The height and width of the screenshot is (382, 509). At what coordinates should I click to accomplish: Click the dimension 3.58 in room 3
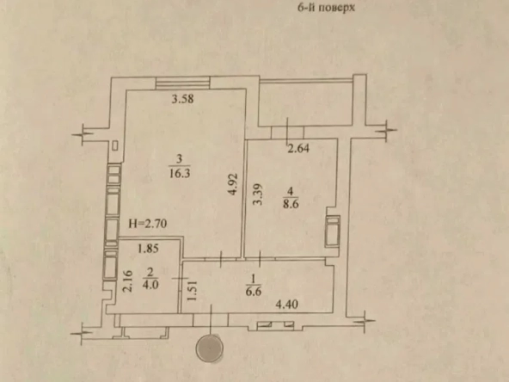(x=183, y=99)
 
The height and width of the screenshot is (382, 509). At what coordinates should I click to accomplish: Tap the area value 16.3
(x=180, y=173)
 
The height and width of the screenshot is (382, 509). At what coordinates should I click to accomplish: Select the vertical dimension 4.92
(x=233, y=184)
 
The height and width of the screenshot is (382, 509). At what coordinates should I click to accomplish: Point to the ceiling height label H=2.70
(x=148, y=224)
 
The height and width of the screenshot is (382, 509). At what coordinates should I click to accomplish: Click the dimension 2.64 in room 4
(x=298, y=149)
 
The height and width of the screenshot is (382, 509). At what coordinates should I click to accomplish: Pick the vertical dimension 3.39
(x=258, y=194)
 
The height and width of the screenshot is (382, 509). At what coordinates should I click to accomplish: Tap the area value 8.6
(x=291, y=204)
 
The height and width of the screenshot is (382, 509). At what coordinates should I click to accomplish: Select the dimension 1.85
(x=148, y=249)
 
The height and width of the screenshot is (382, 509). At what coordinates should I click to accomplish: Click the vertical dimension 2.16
(x=129, y=281)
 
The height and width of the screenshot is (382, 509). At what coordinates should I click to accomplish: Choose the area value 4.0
(x=150, y=285)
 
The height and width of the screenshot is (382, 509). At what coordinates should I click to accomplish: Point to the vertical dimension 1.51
(x=193, y=291)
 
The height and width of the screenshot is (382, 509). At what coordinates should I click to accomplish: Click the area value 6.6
(x=254, y=292)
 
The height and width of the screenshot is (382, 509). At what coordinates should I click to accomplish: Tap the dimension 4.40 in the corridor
(x=287, y=305)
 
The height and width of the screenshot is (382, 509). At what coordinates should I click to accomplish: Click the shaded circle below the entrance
(x=210, y=348)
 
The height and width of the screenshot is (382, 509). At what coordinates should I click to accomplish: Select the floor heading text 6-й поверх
(x=326, y=7)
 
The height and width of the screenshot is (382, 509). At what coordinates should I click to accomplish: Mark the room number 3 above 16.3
(x=180, y=159)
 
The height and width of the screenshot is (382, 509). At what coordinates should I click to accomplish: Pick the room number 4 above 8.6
(x=291, y=191)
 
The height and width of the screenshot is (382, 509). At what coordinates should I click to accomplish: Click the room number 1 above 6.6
(x=254, y=278)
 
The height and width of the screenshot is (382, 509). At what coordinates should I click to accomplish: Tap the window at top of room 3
(x=183, y=83)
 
